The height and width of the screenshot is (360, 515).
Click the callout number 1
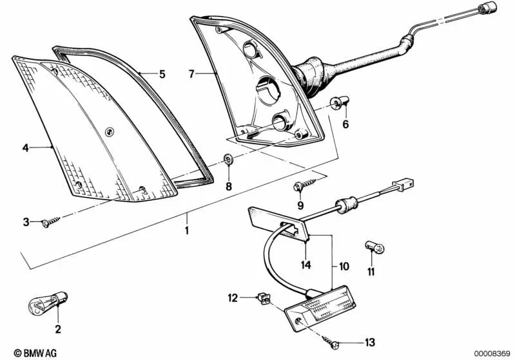(187, 231)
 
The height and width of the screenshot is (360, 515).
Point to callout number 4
(26, 147)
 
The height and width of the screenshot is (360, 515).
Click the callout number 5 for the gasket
(162, 74)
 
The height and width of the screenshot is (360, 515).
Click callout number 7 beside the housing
(192, 74)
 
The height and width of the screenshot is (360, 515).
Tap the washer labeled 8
(228, 160)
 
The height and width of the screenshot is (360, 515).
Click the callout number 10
(344, 266)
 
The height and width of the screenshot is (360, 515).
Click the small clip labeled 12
(264, 298)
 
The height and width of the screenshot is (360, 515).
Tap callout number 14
(306, 265)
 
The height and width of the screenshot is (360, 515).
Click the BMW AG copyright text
(35, 353)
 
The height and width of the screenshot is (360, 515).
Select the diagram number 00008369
(492, 354)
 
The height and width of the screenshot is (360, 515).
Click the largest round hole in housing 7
(268, 90)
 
